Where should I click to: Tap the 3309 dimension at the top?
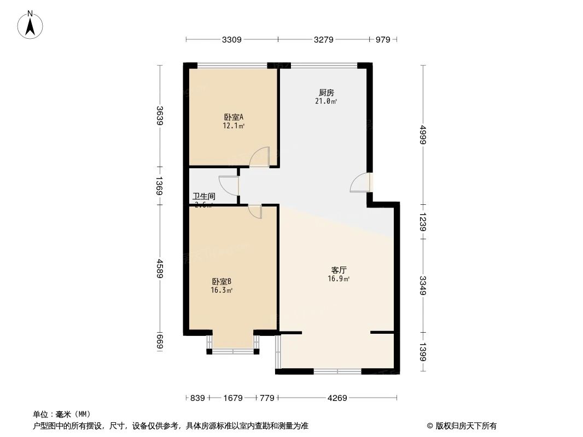click(x=232, y=39)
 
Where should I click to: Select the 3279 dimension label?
click(x=323, y=39)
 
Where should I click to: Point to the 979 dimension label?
click(x=383, y=39)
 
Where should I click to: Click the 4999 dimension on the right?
click(x=423, y=134)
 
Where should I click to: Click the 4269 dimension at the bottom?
click(x=337, y=398)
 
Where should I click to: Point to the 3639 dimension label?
click(x=160, y=115)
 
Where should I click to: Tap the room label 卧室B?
click(x=222, y=282)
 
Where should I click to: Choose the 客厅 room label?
click(x=339, y=270)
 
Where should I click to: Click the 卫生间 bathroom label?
click(x=204, y=196)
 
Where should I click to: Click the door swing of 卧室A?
click(x=260, y=157)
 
